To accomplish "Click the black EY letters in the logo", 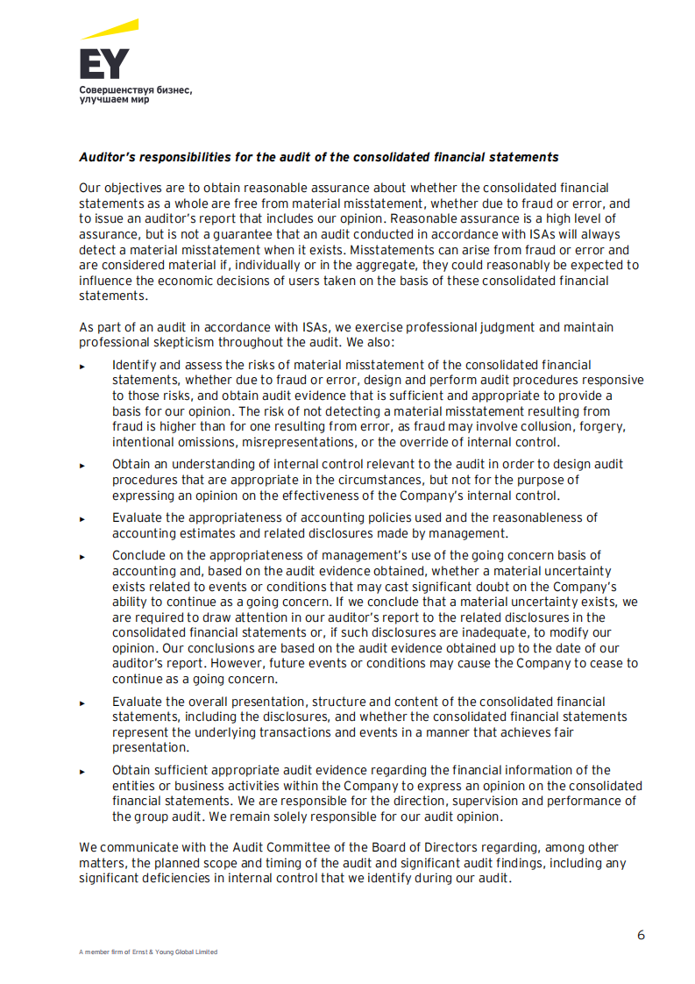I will pos(103,64).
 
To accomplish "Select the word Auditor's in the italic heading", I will pos(104,158).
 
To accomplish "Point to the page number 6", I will pos(641,935).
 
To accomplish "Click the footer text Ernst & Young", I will pos(152,952).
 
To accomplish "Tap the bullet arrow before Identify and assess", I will pos(82,366).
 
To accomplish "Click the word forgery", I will pos(606,427).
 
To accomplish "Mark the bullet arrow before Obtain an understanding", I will pos(82,466).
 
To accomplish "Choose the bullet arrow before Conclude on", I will pos(82,557).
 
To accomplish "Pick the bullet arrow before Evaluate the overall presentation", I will pos(82,703).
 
